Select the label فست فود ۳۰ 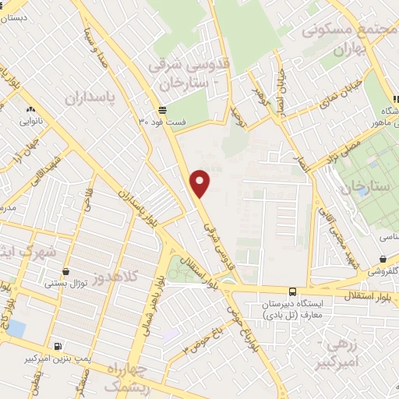163,122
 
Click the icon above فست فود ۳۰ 162,110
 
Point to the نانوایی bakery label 32,122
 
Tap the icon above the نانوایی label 30,110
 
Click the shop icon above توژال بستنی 65,273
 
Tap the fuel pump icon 58,345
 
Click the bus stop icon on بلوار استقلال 292,290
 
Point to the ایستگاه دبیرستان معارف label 303,309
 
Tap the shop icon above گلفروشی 382,259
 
